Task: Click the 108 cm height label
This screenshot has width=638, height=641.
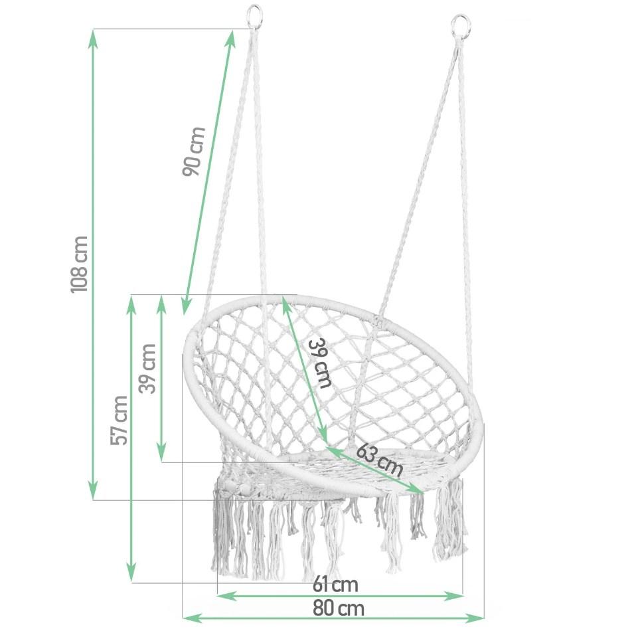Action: point(79,264)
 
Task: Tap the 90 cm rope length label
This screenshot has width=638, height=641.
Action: point(194,151)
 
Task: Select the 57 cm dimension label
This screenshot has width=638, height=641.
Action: point(120,420)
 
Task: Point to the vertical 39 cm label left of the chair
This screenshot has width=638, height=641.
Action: point(147,369)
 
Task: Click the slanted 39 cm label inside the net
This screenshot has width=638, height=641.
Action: point(320,363)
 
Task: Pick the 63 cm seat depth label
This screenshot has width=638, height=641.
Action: point(380,459)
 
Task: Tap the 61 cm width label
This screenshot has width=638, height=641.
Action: point(335,585)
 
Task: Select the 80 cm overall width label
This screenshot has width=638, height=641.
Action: point(339,608)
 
